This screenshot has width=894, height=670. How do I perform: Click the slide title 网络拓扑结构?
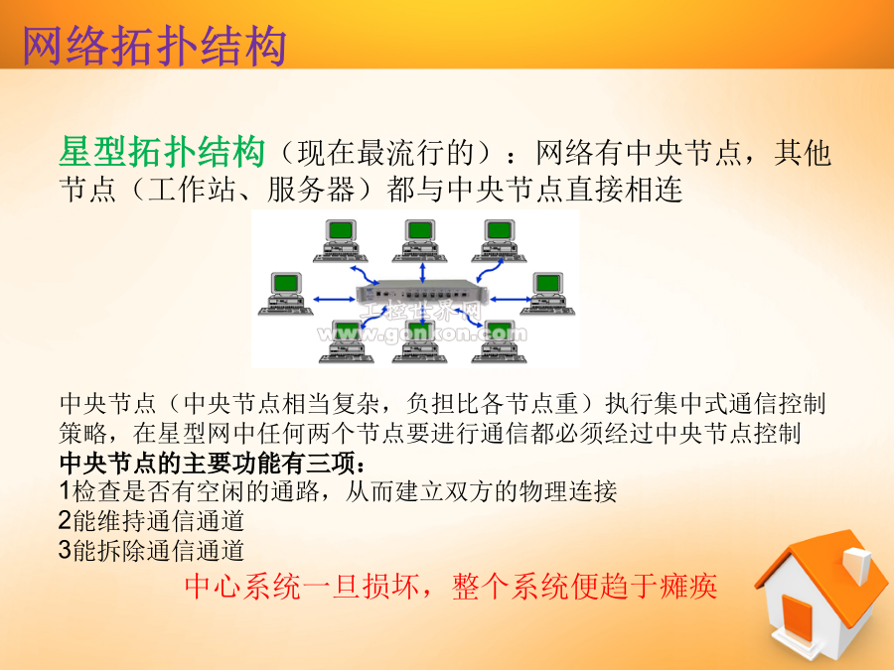(x=154, y=46)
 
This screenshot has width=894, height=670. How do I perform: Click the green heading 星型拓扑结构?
(x=162, y=152)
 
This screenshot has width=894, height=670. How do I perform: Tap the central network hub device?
(x=422, y=295)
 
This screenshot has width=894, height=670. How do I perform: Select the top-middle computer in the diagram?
(x=419, y=240)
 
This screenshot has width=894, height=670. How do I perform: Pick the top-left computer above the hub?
(x=341, y=240)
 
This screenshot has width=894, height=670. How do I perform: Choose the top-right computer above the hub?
(x=499, y=240)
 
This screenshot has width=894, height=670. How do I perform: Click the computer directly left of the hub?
(x=286, y=294)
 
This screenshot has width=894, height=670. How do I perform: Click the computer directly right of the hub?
(x=547, y=294)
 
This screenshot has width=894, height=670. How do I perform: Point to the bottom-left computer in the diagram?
(x=346, y=342)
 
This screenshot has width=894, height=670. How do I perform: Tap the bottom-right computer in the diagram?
(x=499, y=342)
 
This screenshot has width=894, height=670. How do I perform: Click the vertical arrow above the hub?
(x=422, y=272)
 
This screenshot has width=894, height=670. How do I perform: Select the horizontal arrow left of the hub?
(x=334, y=299)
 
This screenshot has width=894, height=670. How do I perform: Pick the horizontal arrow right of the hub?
(x=511, y=299)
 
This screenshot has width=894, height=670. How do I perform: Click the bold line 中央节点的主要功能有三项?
(x=213, y=463)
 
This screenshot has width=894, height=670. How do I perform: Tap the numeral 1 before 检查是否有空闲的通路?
(x=65, y=491)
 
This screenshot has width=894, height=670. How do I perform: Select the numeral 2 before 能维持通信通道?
(x=65, y=520)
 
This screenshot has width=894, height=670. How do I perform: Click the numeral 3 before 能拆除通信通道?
(x=65, y=550)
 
